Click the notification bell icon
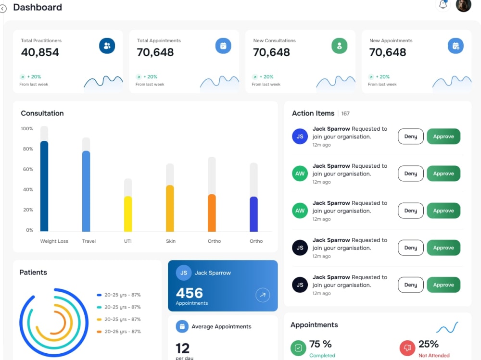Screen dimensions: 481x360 (x=443, y=4)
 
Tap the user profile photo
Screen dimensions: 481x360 (x=463, y=5)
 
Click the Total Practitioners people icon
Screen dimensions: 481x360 (x=107, y=46)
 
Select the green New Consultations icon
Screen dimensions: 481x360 (x=339, y=46)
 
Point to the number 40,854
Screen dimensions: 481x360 (x=40, y=52)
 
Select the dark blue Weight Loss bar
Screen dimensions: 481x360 (x=44, y=186)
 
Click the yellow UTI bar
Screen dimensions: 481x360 (x=128, y=214)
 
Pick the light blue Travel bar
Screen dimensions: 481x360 (x=86, y=191)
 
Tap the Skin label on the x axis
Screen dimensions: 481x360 (x=171, y=241)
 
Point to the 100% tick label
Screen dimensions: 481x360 (x=27, y=128)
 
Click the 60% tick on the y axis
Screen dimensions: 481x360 (x=28, y=169)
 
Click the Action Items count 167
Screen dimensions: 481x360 (x=345, y=113)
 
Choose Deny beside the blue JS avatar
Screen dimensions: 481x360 (x=410, y=137)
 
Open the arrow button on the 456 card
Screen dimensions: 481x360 (x=263, y=295)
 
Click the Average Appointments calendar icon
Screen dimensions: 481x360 (x=182, y=326)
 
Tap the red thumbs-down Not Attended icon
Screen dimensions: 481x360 (x=407, y=348)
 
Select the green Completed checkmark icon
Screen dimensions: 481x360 (x=298, y=348)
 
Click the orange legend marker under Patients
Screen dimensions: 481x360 (x=99, y=332)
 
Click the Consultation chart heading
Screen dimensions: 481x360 (x=42, y=113)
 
